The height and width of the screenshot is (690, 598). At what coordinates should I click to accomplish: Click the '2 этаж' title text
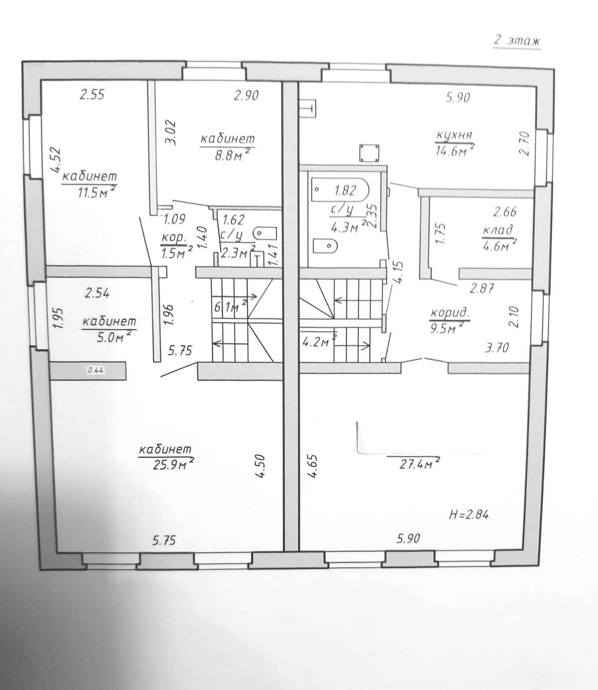(x=516, y=41)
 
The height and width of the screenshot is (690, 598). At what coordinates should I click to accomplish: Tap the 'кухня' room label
(x=454, y=135)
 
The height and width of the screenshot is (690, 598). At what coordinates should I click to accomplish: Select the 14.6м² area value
(x=454, y=150)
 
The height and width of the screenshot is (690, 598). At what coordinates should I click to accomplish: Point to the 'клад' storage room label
(x=497, y=230)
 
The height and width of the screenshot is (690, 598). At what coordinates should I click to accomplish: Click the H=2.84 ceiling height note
(x=469, y=515)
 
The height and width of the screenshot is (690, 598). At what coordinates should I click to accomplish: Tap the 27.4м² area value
(x=419, y=465)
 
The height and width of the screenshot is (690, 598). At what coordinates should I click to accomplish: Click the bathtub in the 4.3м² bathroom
(x=340, y=190)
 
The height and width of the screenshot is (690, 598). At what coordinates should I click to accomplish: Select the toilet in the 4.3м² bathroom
(x=325, y=246)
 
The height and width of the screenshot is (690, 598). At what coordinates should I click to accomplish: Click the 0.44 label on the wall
(x=96, y=370)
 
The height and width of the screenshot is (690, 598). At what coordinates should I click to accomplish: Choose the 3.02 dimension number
(x=171, y=133)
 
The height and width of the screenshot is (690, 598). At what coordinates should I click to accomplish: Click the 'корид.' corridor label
(x=450, y=314)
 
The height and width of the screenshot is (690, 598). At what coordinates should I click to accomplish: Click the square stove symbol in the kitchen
(x=369, y=153)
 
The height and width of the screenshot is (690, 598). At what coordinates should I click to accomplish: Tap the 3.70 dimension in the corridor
(x=496, y=348)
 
